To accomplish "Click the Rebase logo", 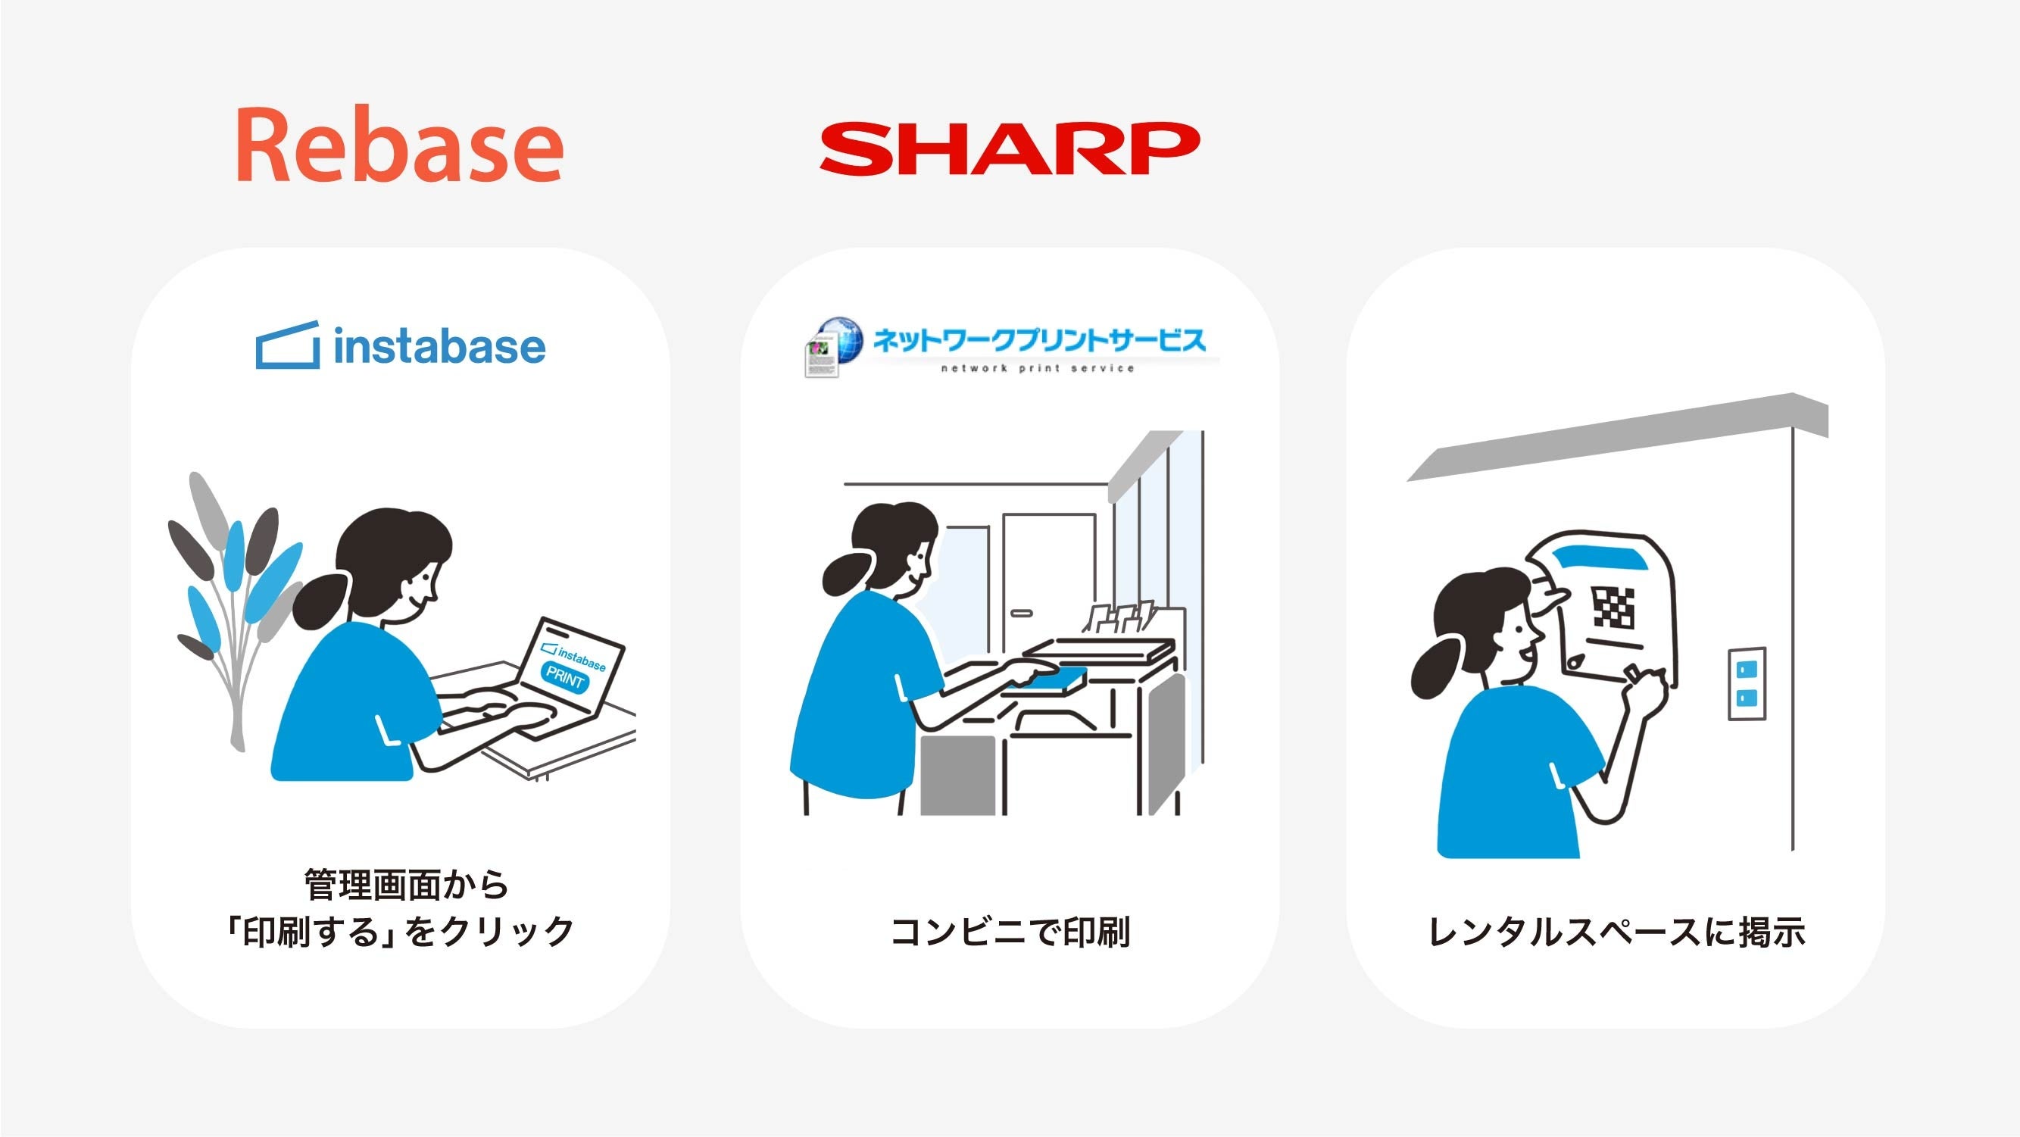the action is pyautogui.click(x=399, y=146).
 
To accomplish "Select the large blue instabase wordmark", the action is pyautogui.click(x=439, y=347).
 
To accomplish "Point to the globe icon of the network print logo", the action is pyautogui.click(x=839, y=339).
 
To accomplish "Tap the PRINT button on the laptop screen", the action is pyautogui.click(x=564, y=675).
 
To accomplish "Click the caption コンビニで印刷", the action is pyautogui.click(x=1010, y=932).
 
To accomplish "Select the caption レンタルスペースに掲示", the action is pyautogui.click(x=1617, y=932).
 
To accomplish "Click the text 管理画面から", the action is pyautogui.click(x=406, y=886).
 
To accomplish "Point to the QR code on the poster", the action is pyautogui.click(x=1614, y=608).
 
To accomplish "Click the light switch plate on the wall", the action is pyautogui.click(x=1747, y=684).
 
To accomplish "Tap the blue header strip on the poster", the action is pyautogui.click(x=1599, y=559).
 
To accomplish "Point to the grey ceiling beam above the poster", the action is pyautogui.click(x=1617, y=437).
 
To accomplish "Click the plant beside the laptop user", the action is pyautogui.click(x=232, y=604).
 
